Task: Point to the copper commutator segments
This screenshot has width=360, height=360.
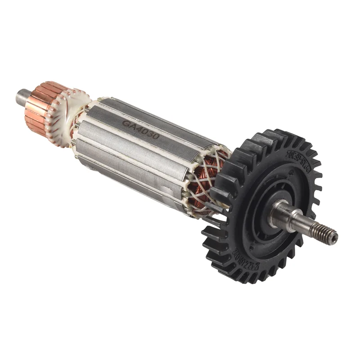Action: tap(40, 108)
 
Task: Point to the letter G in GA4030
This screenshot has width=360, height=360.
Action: tap(126, 123)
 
